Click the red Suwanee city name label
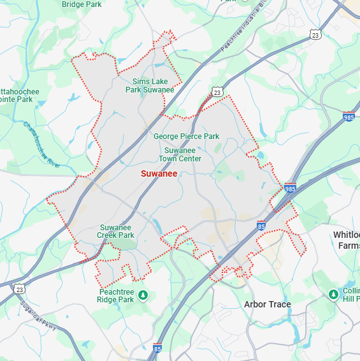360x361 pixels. point(159,173)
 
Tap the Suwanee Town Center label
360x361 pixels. point(180,154)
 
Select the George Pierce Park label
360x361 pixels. point(186,136)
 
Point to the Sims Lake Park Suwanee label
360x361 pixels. point(150,85)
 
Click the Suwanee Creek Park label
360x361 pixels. point(117,231)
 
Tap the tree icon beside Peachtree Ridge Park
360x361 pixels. point(143,294)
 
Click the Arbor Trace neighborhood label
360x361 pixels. point(267,304)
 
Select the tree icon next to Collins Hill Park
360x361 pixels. point(333,293)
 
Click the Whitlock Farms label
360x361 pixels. point(347,240)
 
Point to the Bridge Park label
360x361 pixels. point(82,4)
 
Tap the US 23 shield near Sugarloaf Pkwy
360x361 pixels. point(20,289)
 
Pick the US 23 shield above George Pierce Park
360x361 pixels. point(217,92)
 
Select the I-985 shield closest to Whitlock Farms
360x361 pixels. point(290,189)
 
